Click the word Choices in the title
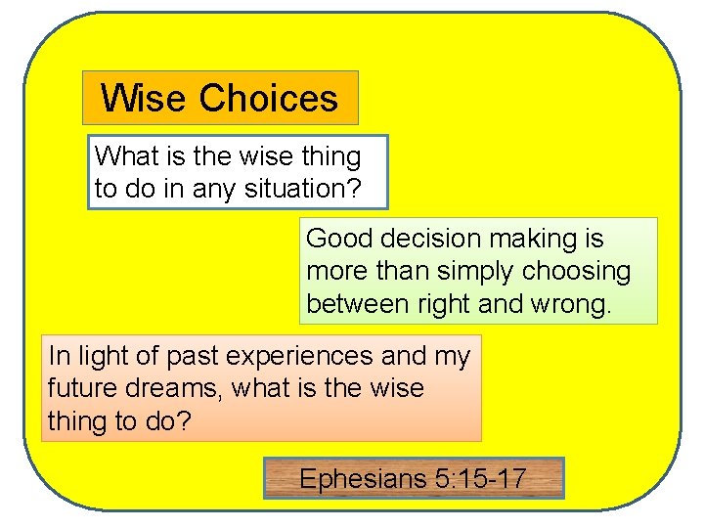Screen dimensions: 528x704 269,99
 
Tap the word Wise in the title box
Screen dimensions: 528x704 146,99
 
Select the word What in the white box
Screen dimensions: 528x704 123,156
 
